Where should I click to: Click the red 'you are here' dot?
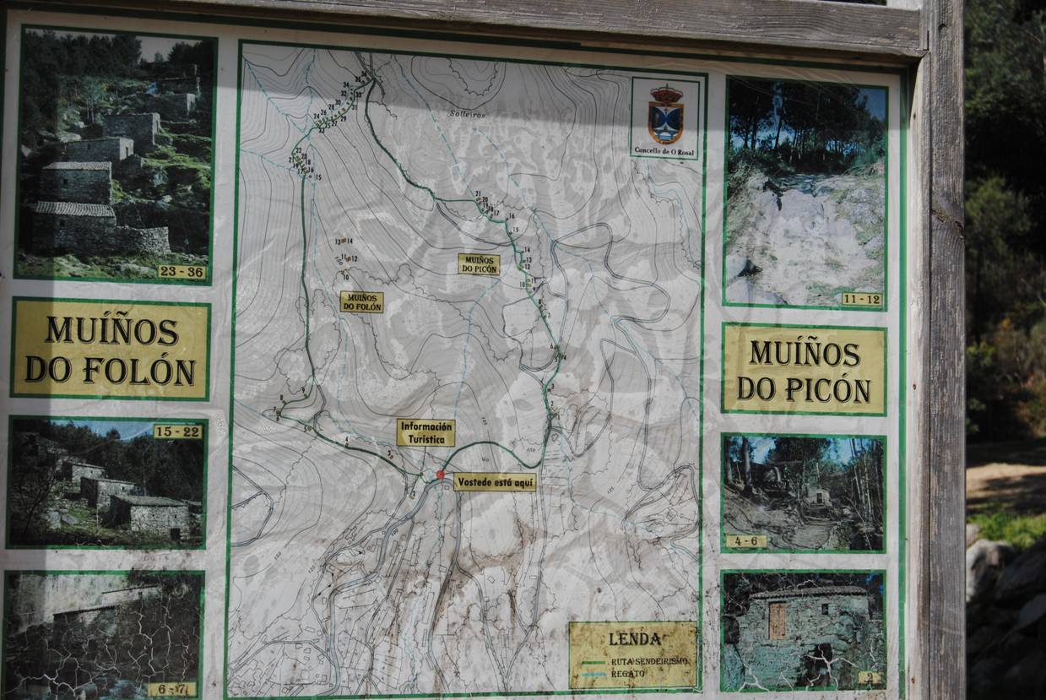pos(440,475)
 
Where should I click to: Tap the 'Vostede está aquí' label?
pos(495,482)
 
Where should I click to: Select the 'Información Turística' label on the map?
pos(425,432)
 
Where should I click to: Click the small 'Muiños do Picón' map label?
pos(479,264)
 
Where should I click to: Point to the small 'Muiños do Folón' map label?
pos(361,301)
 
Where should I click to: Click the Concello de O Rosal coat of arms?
pos(665,115)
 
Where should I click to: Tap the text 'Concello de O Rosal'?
pos(666,151)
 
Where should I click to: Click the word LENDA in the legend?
pos(634,639)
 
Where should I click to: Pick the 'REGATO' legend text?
pos(628,673)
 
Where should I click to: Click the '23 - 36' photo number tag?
pos(181,271)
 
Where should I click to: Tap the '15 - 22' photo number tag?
pos(177,431)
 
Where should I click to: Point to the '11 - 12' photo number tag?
pos(861,299)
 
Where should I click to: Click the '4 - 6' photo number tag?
pos(746,541)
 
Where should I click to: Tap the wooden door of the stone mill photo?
pos(778,621)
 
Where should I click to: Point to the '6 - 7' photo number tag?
pos(172,689)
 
